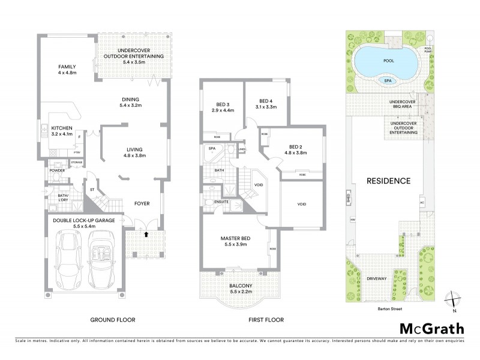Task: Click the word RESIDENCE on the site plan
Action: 388,181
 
